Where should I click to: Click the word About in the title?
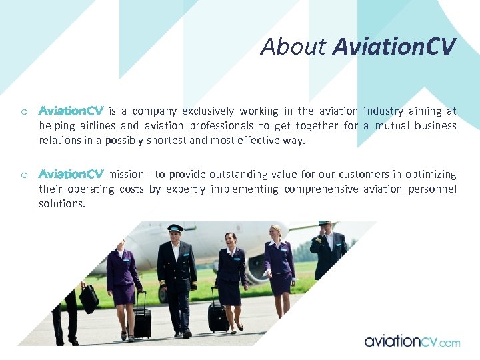[293, 47]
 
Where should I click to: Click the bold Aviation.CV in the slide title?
[393, 47]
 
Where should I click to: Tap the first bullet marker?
[23, 112]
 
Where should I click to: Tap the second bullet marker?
[23, 175]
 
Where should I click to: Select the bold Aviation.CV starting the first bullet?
[71, 111]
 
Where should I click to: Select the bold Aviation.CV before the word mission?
[71, 175]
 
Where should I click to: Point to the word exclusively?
[208, 111]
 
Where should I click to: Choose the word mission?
[125, 175]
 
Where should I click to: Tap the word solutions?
[62, 204]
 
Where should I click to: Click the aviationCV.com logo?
[412, 341]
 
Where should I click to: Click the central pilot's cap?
[175, 228]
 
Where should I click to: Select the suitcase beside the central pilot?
[142, 322]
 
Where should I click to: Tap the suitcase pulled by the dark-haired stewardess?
[218, 316]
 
